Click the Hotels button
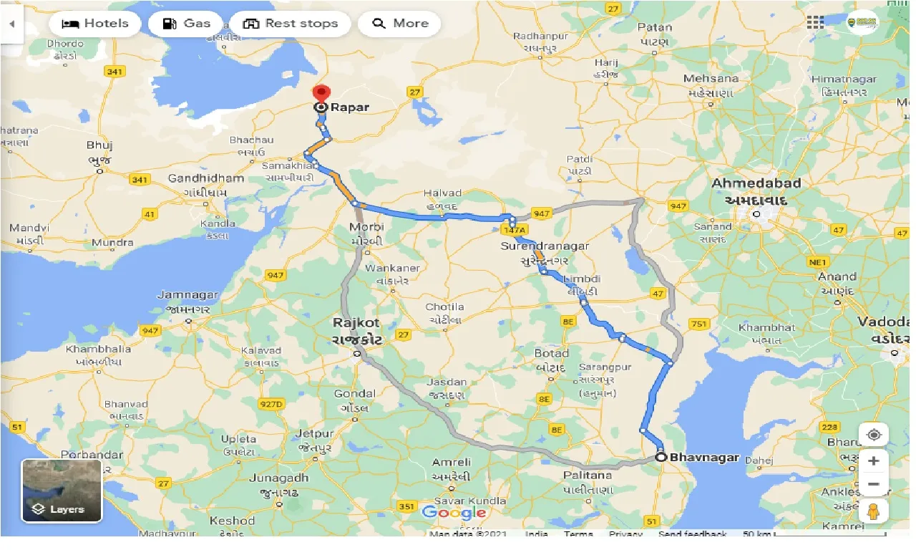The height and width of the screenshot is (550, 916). [x=95, y=24]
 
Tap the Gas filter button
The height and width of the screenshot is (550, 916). [x=185, y=24]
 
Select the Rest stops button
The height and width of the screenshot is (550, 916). [x=290, y=24]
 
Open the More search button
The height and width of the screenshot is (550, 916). [x=399, y=24]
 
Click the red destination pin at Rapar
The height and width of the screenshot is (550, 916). [x=321, y=94]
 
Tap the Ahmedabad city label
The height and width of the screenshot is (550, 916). [x=756, y=183]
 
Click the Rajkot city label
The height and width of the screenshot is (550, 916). [x=356, y=322]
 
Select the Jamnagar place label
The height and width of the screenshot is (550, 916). [x=187, y=295]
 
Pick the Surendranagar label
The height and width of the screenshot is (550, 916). [x=545, y=246]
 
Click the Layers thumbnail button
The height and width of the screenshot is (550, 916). [x=62, y=491]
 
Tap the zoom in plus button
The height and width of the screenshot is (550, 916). [x=873, y=460]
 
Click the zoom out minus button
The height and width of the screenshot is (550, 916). [x=873, y=484]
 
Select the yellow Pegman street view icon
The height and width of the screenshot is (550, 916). [x=873, y=511]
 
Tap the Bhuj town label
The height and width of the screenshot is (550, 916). [x=99, y=145]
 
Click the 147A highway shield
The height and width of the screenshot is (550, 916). [x=513, y=230]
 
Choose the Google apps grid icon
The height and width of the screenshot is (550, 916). [x=815, y=23]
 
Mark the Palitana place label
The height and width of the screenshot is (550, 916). [x=588, y=475]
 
